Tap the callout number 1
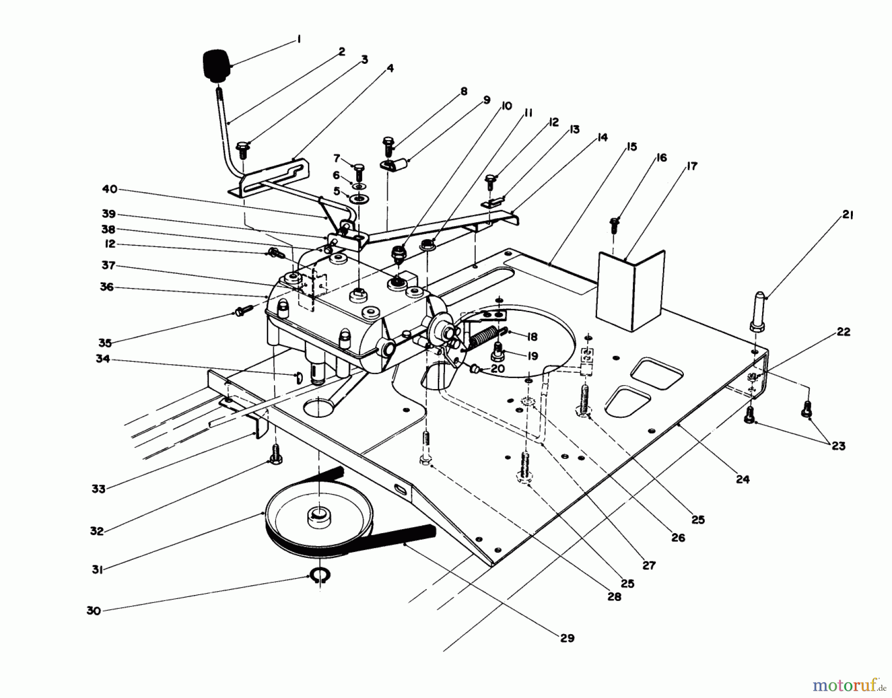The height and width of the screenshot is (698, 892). pos(299,39)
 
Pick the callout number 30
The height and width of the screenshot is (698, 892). pos(94,611)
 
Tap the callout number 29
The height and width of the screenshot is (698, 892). pos(567,638)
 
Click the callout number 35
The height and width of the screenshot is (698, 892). pos(105,343)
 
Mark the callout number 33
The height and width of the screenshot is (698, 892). pos(99,489)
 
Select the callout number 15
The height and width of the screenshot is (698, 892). pos(631,147)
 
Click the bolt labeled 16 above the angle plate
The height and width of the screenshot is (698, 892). pos(614,225)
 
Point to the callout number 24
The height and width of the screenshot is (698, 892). pos(742,479)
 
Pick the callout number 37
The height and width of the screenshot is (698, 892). pos(109,265)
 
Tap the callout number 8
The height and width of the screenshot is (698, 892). pos(463,91)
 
